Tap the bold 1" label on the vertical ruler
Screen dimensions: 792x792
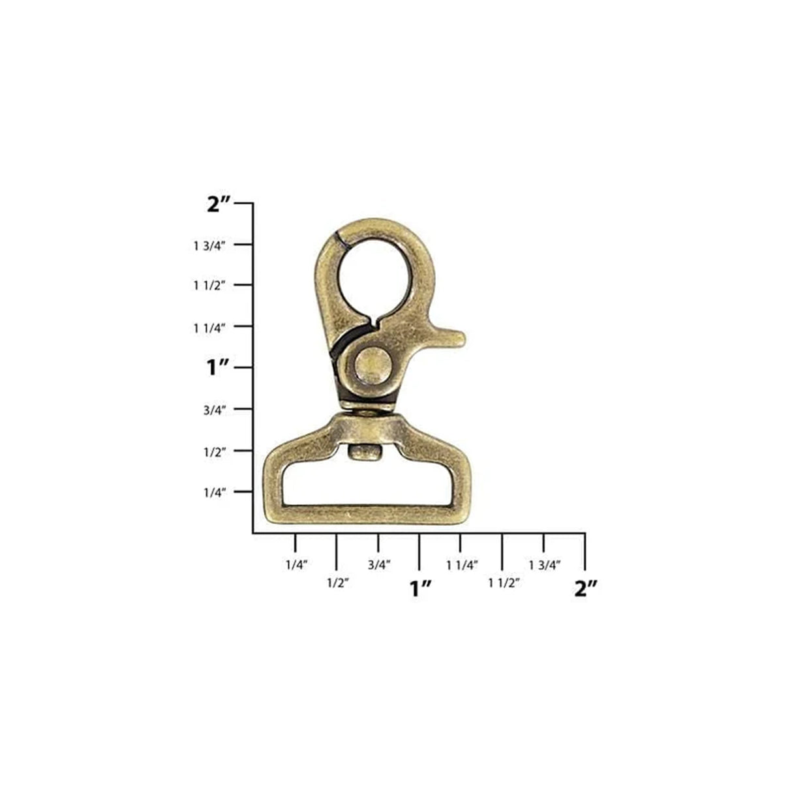coord(217,368)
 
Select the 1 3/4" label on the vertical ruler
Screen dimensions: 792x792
coord(209,245)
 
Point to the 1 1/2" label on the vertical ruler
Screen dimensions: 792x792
coord(209,286)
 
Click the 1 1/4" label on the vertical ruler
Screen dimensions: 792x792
coord(209,327)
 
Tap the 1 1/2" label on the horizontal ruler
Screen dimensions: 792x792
coord(503,583)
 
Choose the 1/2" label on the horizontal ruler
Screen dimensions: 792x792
coord(337,583)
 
